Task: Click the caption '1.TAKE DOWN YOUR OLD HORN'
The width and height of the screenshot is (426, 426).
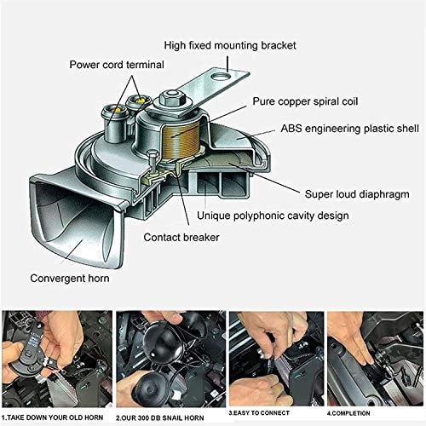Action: pos(55,417)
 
